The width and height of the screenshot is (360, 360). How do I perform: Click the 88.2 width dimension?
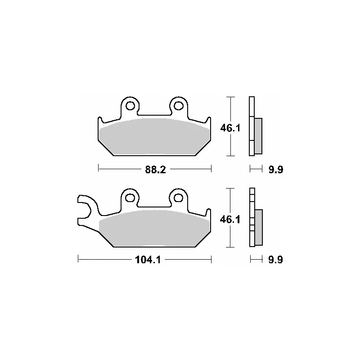tap(155, 170)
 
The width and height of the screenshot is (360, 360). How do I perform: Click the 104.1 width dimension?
tap(148, 260)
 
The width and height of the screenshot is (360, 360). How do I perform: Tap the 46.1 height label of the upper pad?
tap(230, 128)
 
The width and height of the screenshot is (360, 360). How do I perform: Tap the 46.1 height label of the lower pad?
tap(230, 220)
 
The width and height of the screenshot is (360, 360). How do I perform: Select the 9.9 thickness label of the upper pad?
tap(276, 170)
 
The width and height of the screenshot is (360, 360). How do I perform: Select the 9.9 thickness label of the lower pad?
tap(275, 260)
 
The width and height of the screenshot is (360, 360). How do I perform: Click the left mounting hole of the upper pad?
tap(130, 106)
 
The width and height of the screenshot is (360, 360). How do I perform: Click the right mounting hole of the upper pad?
tap(178, 106)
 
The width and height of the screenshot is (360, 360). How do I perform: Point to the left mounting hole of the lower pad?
tap(130, 198)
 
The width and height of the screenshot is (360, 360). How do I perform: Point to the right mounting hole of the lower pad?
tap(178, 198)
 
